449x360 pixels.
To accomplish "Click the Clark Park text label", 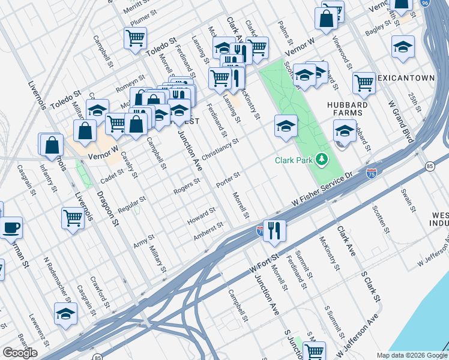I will [295, 160].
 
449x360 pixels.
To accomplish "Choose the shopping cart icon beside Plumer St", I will [135, 38].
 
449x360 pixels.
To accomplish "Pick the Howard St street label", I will [201, 214].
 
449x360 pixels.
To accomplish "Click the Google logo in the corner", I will [20, 353].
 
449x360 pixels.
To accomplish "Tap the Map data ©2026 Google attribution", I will [411, 355].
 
